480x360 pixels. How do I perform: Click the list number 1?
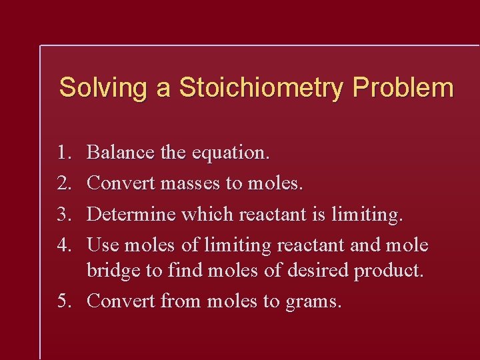(64, 153)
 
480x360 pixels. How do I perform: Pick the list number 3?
(64, 214)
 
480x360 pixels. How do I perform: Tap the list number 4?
(64, 245)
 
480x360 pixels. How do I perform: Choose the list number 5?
(64, 301)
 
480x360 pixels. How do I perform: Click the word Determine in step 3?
(131, 214)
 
